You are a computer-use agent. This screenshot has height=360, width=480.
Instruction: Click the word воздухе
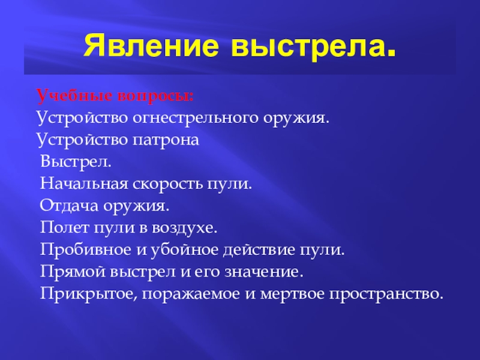pyautogui.click(x=190, y=229)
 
